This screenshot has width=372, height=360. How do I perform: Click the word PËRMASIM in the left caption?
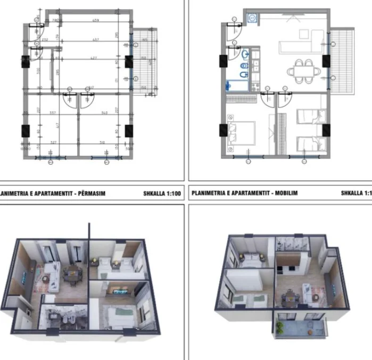(x=90, y=194)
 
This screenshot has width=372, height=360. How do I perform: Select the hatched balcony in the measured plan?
(x=145, y=58)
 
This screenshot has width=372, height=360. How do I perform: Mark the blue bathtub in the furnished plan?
(x=235, y=84)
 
